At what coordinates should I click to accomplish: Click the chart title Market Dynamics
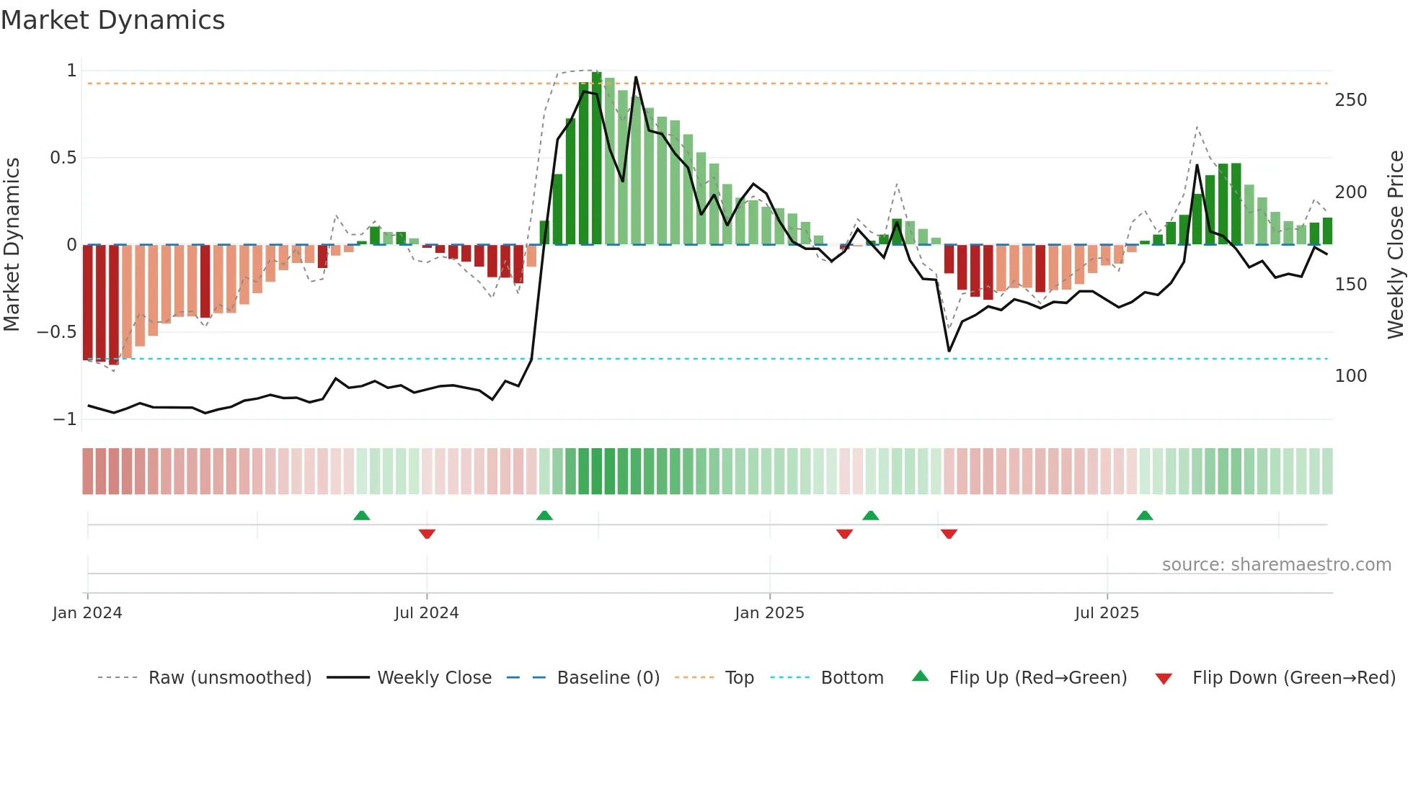tap(113, 20)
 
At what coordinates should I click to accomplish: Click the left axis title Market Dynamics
tap(12, 244)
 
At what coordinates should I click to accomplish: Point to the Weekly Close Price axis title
tap(1396, 244)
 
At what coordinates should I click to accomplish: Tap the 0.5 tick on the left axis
tap(63, 158)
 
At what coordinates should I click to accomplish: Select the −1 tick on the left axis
tap(65, 419)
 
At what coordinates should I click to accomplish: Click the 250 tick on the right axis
tap(1350, 100)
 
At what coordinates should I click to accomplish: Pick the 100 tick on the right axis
tap(1350, 376)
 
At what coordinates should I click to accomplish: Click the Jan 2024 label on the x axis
tap(87, 613)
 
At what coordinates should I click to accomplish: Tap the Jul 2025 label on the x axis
tap(1107, 613)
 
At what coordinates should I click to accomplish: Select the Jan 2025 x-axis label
tap(769, 613)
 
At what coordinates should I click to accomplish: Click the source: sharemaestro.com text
tap(1276, 565)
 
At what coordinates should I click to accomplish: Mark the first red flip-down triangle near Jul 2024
tap(427, 534)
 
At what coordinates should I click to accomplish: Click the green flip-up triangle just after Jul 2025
tap(1145, 515)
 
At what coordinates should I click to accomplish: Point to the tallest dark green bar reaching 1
tap(596, 159)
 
